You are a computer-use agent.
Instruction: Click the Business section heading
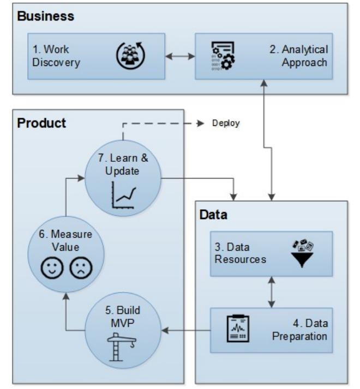coord(46,16)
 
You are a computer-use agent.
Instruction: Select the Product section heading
coord(41,123)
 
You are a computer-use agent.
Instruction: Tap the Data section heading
coord(213,215)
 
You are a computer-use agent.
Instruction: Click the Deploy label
coord(226,123)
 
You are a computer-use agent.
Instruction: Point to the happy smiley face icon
coord(52,268)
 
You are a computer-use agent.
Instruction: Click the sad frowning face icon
coord(81,268)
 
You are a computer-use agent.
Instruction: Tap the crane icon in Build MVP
coord(122,347)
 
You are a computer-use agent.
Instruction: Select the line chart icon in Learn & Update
coord(124,195)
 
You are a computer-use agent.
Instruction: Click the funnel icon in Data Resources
coord(302,253)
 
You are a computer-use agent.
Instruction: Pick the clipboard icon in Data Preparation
coord(238,328)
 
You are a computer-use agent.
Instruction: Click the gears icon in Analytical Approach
coord(223,56)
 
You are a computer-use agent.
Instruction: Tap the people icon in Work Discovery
coord(131,56)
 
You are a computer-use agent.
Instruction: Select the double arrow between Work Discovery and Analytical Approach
coord(180,56)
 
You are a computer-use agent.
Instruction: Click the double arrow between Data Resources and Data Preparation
coord(272,292)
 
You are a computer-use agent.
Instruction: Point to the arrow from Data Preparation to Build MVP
coord(186,330)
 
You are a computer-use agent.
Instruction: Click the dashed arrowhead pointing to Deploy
coord(200,123)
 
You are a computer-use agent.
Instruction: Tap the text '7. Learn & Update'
coord(123,165)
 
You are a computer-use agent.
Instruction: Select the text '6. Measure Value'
coord(65,241)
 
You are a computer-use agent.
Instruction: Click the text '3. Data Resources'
coord(240,253)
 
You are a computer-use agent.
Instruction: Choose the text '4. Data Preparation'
coord(300,330)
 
